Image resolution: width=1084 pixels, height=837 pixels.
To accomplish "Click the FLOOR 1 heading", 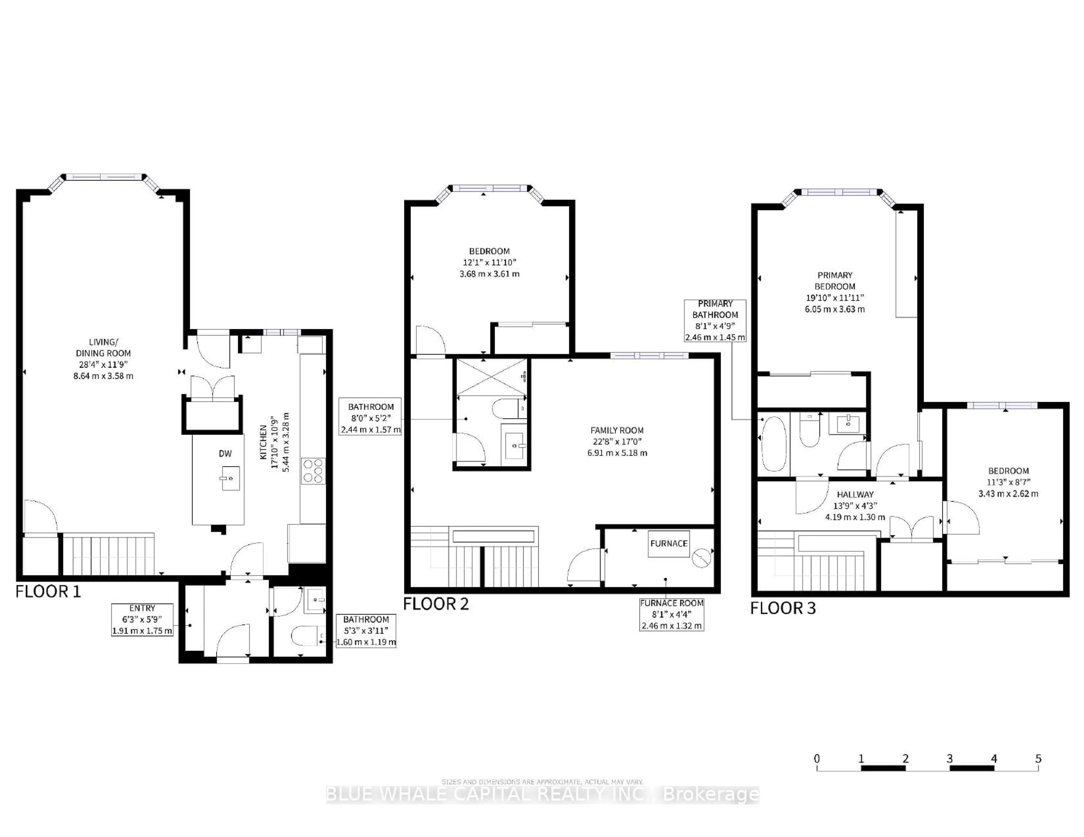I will point(48,591).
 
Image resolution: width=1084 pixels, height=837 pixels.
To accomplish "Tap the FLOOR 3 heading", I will point(783,608).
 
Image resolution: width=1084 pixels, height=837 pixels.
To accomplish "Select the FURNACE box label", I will point(668,544).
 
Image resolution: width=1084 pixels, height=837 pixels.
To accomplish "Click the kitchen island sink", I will point(230,478).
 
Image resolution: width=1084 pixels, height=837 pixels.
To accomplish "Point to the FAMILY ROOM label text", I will point(617,441).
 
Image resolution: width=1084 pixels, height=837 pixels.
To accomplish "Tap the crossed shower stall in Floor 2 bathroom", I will point(491,377).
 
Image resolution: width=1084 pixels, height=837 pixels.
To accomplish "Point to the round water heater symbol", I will point(701,559).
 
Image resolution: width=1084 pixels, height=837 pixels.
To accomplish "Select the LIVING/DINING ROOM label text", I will point(103,359).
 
